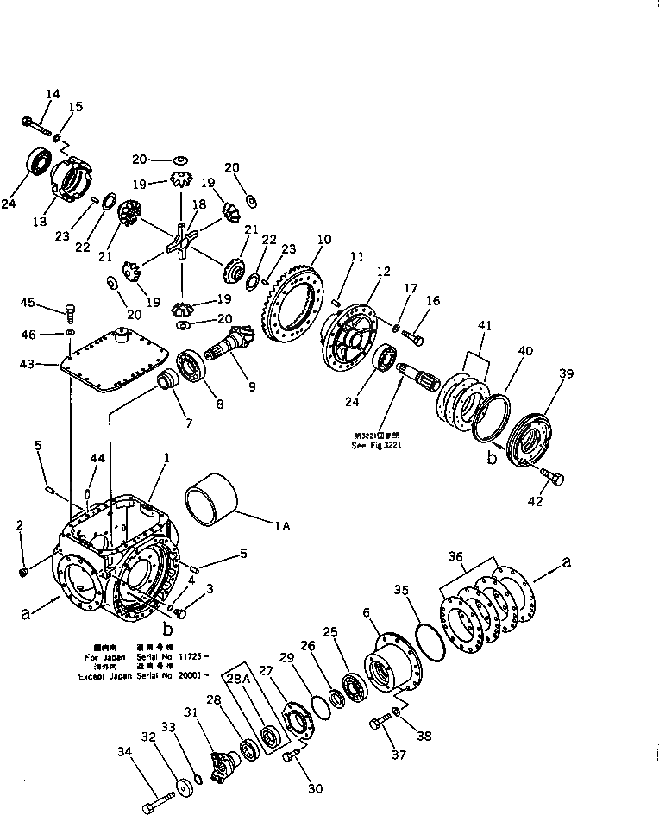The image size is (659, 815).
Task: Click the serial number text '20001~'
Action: (x=186, y=676)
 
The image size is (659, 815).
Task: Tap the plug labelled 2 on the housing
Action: (x=24, y=571)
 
